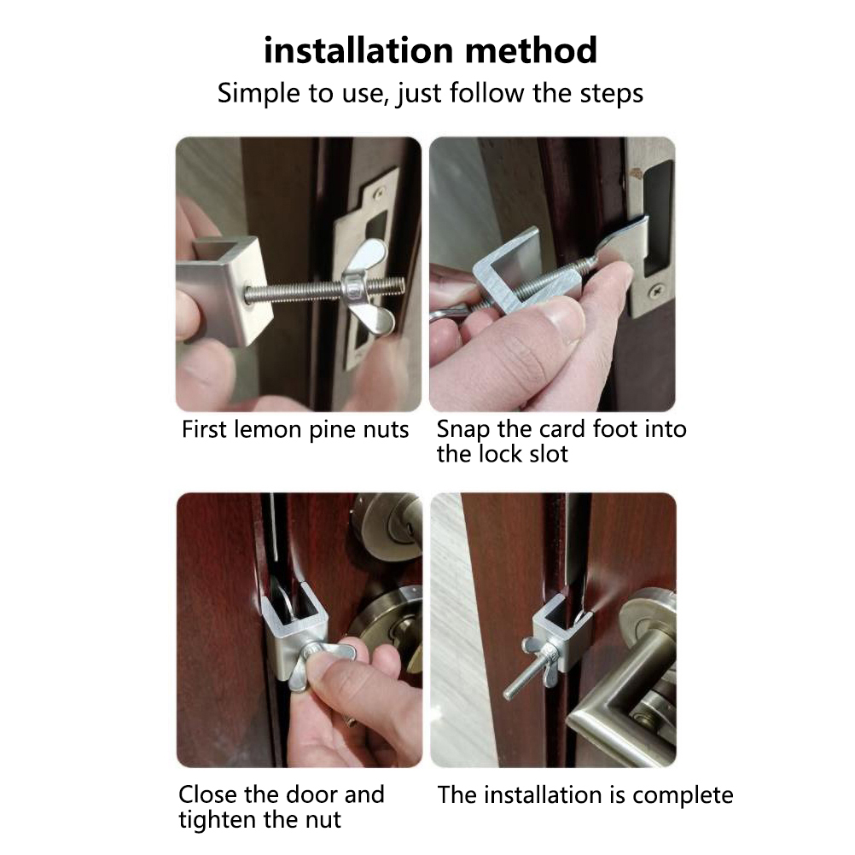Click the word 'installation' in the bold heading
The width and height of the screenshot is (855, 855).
[358, 50]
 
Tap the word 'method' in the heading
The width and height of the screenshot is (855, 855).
[531, 50]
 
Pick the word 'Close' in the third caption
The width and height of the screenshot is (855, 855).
[207, 794]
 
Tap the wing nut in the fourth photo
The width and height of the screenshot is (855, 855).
[542, 654]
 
